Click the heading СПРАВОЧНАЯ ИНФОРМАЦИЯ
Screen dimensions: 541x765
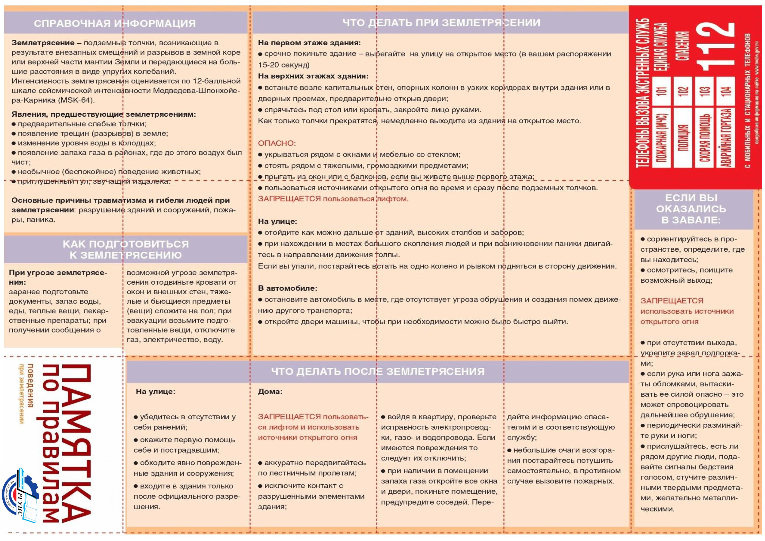tap(115, 23)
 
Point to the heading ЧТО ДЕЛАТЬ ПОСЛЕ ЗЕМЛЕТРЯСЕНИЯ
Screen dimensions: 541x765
tap(378, 371)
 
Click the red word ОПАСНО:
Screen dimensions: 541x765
tap(276, 143)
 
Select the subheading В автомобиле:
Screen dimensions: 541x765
tap(287, 288)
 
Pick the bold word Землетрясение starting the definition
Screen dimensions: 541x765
tap(43, 43)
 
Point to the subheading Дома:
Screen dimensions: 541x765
tap(270, 392)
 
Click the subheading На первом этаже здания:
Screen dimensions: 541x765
tap(309, 43)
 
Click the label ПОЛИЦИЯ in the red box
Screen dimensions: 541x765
tap(683, 137)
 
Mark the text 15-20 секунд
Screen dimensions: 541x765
tap(283, 65)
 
